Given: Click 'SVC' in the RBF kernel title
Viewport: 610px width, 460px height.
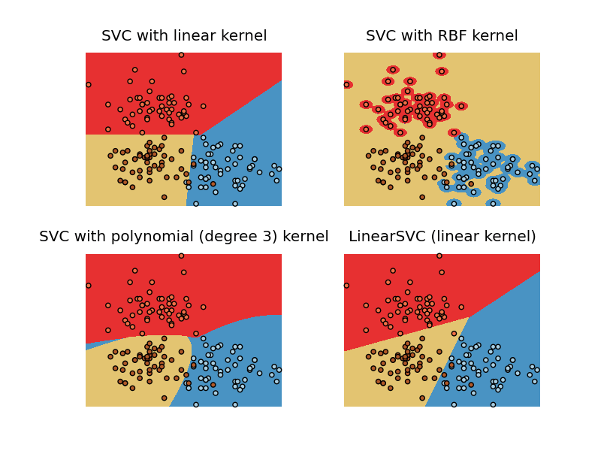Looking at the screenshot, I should point(380,36).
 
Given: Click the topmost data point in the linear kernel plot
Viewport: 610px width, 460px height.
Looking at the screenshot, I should point(181,55).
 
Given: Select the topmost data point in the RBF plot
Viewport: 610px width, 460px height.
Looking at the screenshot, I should point(439,55).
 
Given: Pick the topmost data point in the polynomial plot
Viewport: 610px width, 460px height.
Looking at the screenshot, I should point(181,256).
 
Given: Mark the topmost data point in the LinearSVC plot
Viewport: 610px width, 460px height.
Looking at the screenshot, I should point(439,256).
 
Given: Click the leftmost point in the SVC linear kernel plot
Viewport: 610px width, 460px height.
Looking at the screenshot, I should point(88,85).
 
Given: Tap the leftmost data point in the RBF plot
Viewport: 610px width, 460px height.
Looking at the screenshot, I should point(346,85).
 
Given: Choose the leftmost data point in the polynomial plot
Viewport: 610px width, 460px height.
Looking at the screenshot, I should point(88,286).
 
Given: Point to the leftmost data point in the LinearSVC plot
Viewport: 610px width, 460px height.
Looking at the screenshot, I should point(346,286).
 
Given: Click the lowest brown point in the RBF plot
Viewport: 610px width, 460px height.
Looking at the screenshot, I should point(422,197).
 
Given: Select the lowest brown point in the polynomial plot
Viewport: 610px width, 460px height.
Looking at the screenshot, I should point(164,398).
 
